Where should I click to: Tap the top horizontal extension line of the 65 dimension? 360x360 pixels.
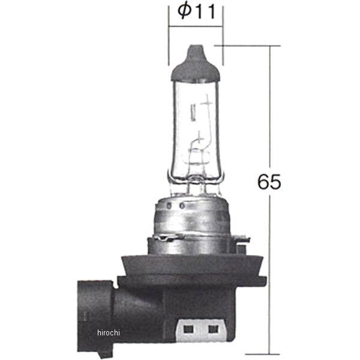click(252, 45)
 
